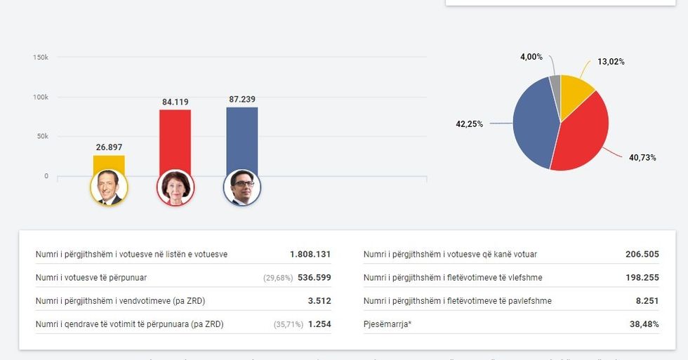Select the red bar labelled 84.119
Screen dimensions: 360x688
[175, 140]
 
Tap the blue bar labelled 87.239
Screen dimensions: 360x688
[242, 139]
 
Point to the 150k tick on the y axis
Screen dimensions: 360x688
[41, 57]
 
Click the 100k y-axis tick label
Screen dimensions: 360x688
[41, 97]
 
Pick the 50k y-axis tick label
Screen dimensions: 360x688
[42, 136]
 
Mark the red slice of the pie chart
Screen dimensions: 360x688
[583, 137]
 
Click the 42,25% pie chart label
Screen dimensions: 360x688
[470, 124]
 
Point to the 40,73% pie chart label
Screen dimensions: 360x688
[642, 157]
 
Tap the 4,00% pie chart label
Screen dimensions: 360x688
[531, 57]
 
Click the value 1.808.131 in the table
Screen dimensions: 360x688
[310, 254]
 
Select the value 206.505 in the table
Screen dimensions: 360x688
[642, 254]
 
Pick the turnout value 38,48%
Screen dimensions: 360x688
[644, 324]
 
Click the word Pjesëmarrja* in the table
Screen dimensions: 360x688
[387, 324]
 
